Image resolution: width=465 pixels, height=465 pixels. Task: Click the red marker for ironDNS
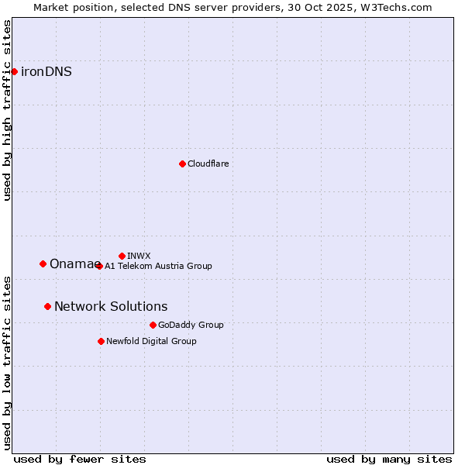[14, 71]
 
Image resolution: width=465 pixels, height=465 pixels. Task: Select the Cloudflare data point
[182, 164]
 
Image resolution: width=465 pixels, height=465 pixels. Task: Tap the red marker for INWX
[122, 256]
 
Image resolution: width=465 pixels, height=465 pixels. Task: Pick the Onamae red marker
[43, 263]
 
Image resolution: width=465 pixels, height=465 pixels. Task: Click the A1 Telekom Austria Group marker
[98, 266]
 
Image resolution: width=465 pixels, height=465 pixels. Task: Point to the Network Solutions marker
[47, 306]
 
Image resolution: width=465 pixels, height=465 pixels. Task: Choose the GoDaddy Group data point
[153, 325]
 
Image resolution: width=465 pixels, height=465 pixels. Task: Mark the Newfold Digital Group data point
[101, 341]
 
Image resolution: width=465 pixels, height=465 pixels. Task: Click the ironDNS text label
[46, 71]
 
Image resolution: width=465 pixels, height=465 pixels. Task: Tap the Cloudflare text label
[208, 164]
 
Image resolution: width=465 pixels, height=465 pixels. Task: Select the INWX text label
[139, 256]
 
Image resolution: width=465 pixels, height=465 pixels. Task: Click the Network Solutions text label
[111, 306]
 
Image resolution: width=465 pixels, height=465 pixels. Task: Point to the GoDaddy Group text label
[191, 325]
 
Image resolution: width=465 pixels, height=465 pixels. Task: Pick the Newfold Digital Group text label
[151, 341]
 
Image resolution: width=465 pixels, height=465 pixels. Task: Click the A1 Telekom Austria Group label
[158, 266]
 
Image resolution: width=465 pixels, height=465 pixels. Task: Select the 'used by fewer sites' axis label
[80, 459]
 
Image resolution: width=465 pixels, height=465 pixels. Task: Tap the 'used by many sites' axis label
[389, 459]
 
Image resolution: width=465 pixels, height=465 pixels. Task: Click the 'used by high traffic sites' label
[7, 110]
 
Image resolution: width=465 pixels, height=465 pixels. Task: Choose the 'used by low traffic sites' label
[7, 362]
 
